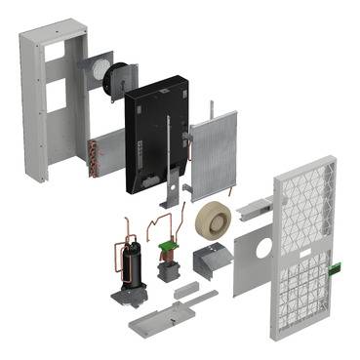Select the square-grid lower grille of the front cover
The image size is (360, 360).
click(309, 293)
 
